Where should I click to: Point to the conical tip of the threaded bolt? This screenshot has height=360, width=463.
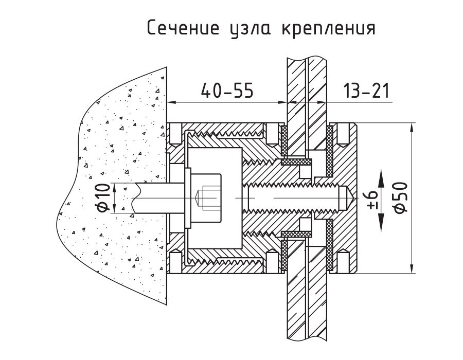pyautogui.click(x=348, y=197)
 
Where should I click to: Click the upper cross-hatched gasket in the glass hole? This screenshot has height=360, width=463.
pyautogui.click(x=297, y=161)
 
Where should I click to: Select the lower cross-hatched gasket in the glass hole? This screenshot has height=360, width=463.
pyautogui.click(x=297, y=235)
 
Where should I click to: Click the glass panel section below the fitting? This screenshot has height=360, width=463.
pyautogui.click(x=307, y=309)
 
